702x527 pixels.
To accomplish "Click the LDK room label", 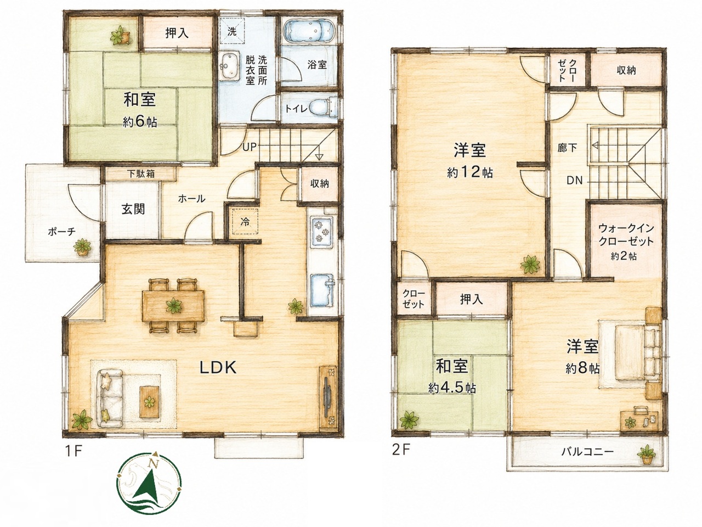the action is pyautogui.click(x=218, y=368).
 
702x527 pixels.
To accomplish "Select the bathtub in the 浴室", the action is pyautogui.click(x=309, y=31).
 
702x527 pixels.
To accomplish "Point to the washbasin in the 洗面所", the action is pyautogui.click(x=229, y=65).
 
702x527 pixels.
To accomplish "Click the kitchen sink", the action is pyautogui.click(x=321, y=290).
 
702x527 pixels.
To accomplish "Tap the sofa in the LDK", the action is pyautogui.click(x=111, y=399).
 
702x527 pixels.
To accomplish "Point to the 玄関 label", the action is pyautogui.click(x=133, y=209).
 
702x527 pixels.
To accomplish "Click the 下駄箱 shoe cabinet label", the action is pyautogui.click(x=141, y=174).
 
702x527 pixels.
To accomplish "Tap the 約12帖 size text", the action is pyautogui.click(x=470, y=173).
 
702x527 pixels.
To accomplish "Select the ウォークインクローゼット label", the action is pyautogui.click(x=626, y=235).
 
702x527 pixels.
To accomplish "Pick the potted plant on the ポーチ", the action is pyautogui.click(x=82, y=246).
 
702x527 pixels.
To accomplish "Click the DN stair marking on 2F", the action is pyautogui.click(x=575, y=181).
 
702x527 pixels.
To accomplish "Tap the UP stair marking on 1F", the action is pyautogui.click(x=250, y=147).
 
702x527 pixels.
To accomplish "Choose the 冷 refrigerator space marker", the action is pyautogui.click(x=245, y=222).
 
